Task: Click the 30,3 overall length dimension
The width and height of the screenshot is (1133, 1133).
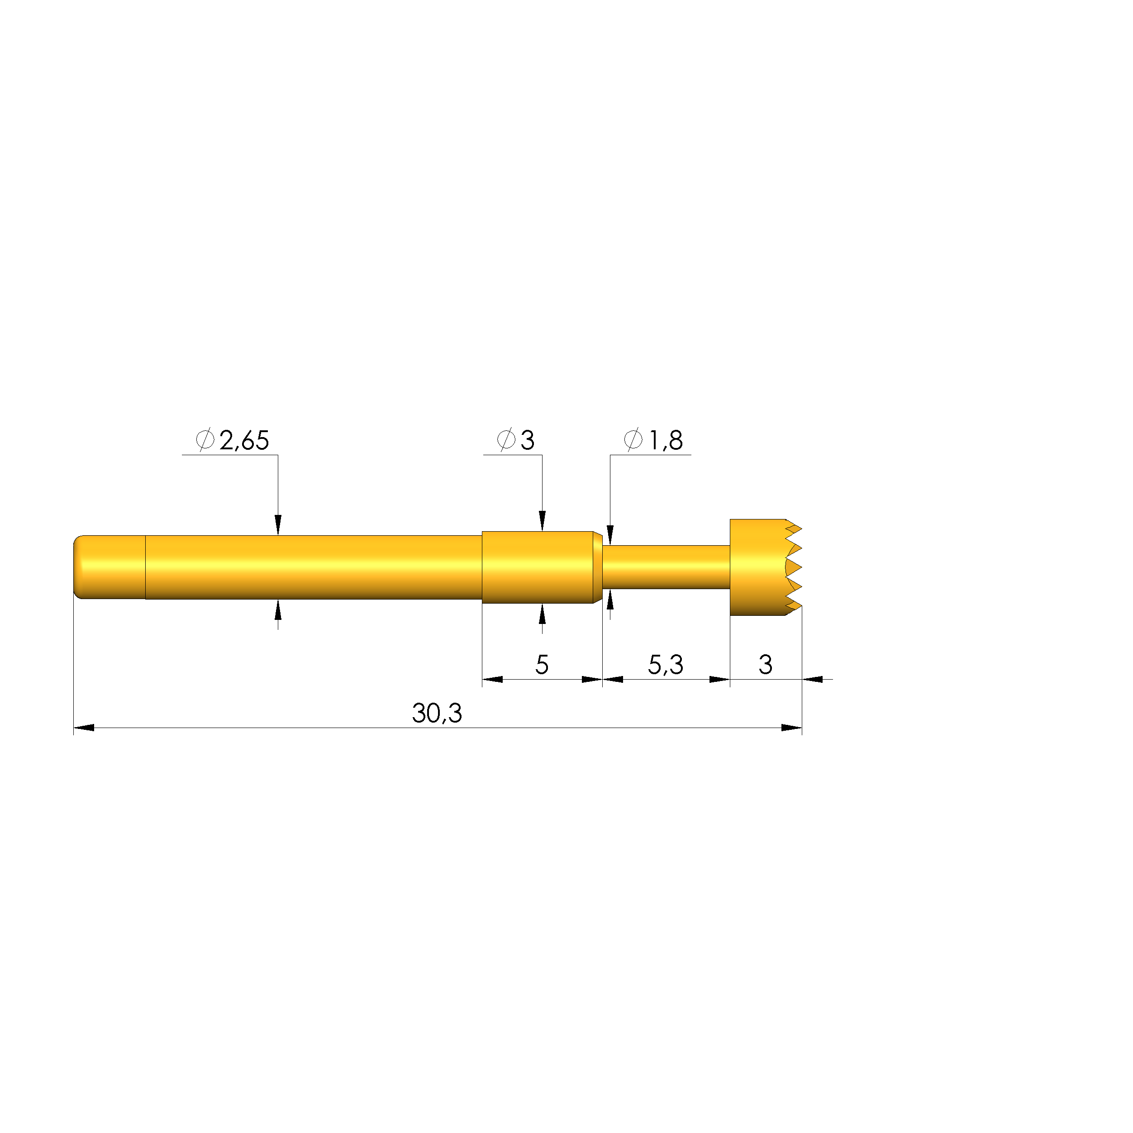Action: [437, 713]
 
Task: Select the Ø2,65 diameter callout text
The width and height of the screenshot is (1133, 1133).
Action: [232, 440]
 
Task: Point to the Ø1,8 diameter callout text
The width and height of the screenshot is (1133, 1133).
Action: [653, 440]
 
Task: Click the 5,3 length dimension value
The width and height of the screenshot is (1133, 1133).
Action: [666, 664]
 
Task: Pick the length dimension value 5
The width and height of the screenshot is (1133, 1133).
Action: [542, 664]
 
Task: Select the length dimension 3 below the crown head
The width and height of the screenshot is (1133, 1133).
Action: [765, 664]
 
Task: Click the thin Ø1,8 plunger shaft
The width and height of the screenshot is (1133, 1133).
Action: [666, 567]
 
